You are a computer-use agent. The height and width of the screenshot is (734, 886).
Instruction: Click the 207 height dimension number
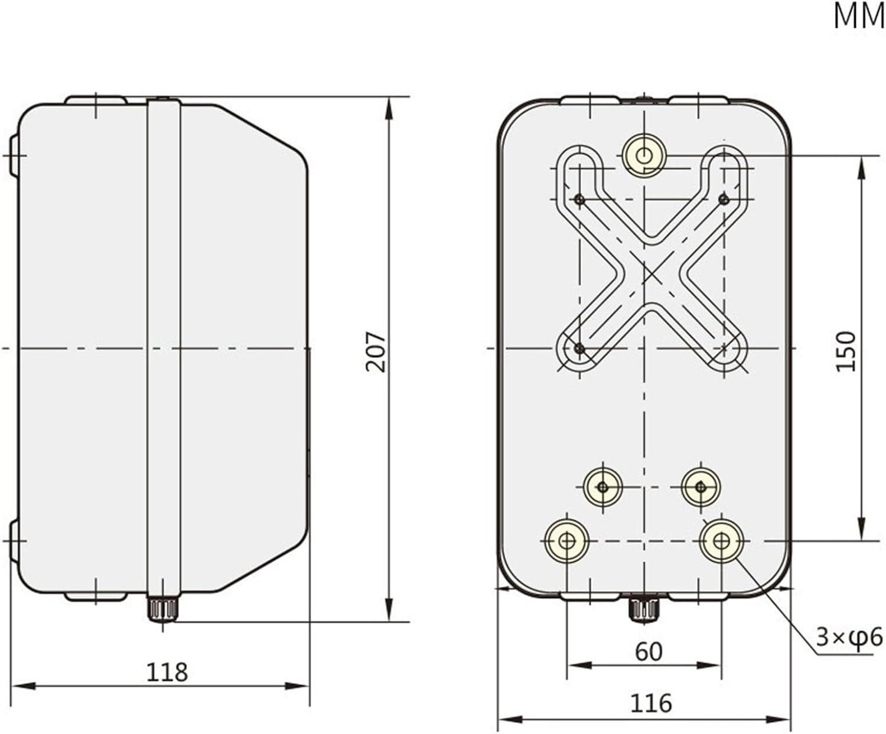click(x=376, y=351)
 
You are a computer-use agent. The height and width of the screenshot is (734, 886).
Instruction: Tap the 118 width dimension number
click(x=167, y=672)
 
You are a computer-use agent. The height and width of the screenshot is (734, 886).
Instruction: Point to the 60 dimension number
click(x=649, y=651)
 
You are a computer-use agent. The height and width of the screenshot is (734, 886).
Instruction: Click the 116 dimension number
click(x=651, y=703)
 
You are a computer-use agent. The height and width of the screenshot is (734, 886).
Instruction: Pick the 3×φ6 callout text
click(x=849, y=637)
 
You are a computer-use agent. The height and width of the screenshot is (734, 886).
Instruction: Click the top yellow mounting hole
click(x=644, y=156)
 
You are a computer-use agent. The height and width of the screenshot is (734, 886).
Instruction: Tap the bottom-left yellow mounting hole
click(x=567, y=540)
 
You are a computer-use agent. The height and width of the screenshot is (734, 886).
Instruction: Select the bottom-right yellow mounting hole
click(x=721, y=540)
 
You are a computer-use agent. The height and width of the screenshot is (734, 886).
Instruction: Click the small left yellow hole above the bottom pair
click(x=602, y=487)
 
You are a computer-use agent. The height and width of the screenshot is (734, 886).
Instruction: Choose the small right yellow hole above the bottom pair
click(x=701, y=487)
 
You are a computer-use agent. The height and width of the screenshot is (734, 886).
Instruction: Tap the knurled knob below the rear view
click(x=644, y=609)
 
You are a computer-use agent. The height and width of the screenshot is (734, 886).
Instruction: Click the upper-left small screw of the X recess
click(x=580, y=200)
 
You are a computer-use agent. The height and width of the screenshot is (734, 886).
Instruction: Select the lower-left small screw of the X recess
click(x=579, y=349)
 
